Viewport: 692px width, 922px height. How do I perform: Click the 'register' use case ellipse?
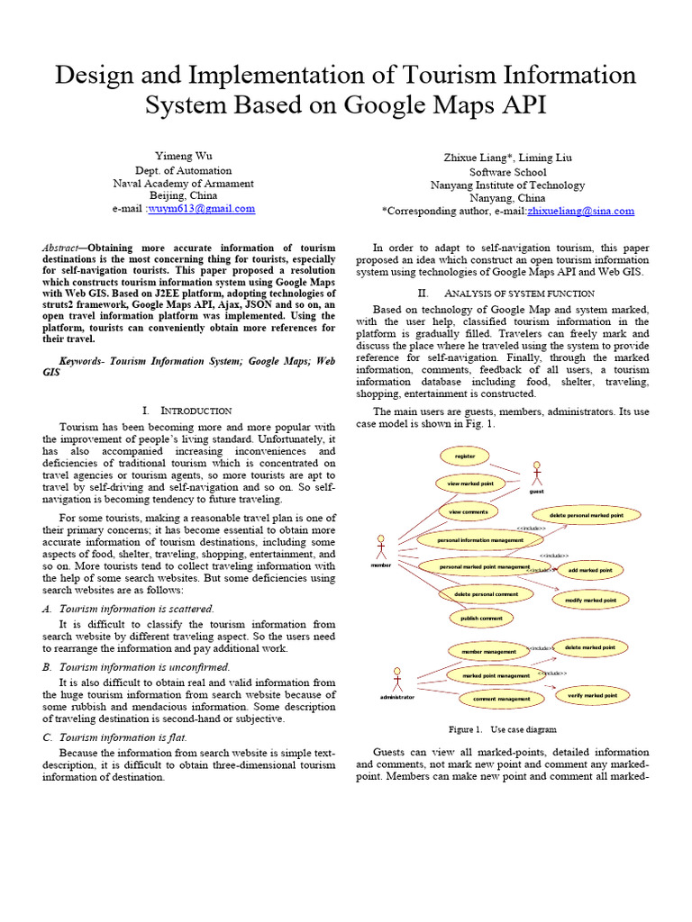point(465,456)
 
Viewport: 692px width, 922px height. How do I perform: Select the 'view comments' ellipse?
point(469,511)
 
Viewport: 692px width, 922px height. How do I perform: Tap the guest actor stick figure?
point(537,474)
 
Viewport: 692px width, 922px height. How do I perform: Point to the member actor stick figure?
point(380,547)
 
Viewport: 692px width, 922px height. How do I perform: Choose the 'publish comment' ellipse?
point(481,619)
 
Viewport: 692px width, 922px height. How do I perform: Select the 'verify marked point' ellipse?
point(592,696)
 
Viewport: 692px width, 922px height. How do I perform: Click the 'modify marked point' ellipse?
point(590,600)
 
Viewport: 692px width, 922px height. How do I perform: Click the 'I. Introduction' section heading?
point(189,411)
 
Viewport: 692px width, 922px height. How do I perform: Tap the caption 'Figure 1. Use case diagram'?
point(502,729)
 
